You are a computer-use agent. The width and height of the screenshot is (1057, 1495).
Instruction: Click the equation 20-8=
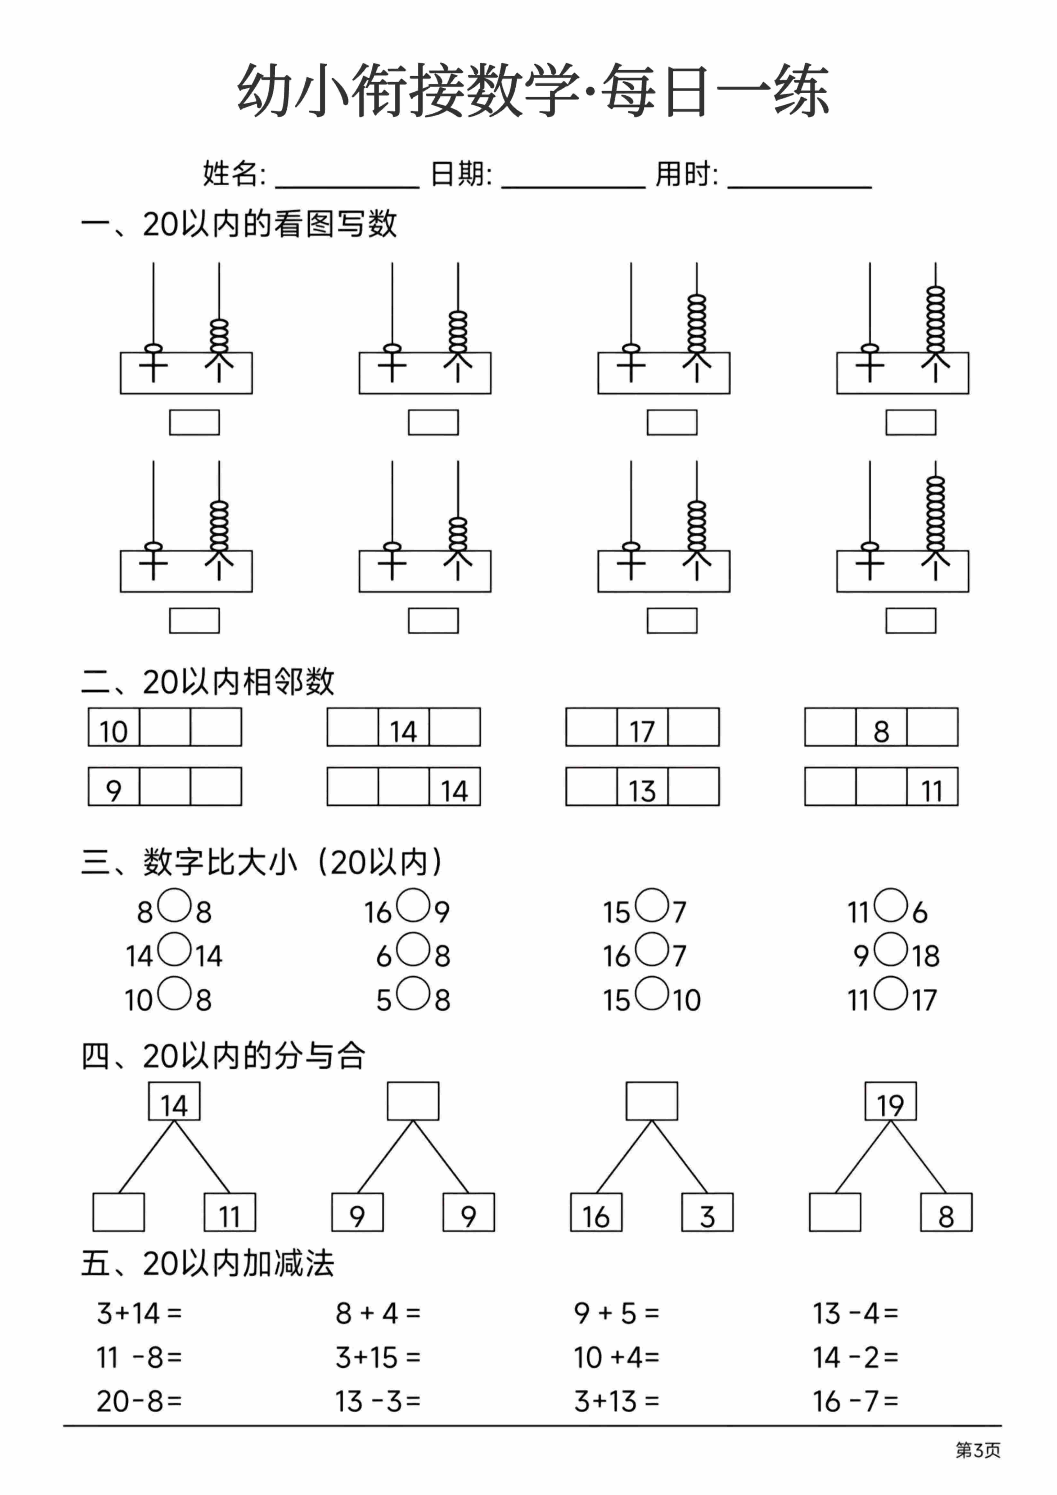coord(139,1401)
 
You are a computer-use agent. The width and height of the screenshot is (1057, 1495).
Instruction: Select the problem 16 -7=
coord(855,1401)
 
